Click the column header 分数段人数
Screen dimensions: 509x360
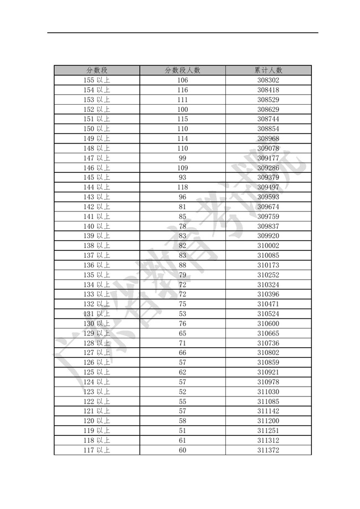tap(183, 70)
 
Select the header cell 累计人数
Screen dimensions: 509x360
tap(268, 70)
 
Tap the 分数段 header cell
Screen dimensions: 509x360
tap(96, 70)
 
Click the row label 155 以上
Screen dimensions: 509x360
tap(96, 80)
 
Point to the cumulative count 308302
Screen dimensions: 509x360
tap(268, 80)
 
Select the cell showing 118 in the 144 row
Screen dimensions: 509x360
tap(183, 187)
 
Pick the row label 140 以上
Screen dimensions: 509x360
tap(96, 226)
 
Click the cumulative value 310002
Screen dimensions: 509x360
tap(268, 245)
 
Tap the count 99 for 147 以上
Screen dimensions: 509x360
tap(183, 158)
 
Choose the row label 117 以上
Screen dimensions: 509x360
tap(96, 450)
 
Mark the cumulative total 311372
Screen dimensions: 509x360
tap(268, 450)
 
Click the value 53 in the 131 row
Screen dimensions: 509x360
tap(183, 313)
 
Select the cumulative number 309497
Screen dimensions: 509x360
tap(268, 187)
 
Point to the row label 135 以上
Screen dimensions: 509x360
tap(96, 275)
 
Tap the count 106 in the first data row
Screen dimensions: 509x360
tap(183, 80)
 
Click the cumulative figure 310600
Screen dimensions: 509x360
tap(268, 323)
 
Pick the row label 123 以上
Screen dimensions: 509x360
tap(96, 392)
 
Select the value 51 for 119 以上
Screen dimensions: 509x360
tap(183, 430)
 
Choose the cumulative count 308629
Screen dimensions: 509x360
tap(268, 110)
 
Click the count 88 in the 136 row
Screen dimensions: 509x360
tap(183, 265)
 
